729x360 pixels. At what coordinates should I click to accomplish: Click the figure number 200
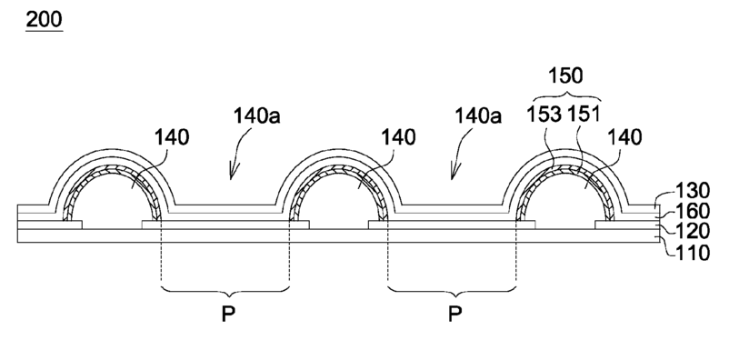(x=44, y=20)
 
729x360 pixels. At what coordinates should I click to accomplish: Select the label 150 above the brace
(x=565, y=75)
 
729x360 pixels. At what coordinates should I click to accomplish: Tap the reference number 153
(x=544, y=115)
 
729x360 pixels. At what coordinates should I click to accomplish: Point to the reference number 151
(x=583, y=115)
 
